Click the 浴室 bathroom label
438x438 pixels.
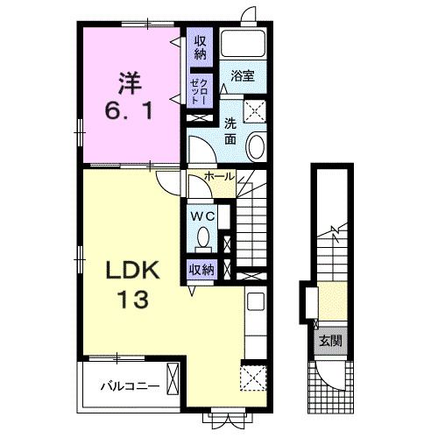pos(243,76)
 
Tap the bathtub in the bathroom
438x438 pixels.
pos(243,43)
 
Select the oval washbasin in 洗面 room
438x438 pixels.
pos(256,146)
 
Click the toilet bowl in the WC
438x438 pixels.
pos(203,239)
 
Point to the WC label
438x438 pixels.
pos(203,216)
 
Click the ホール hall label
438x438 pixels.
pos(220,176)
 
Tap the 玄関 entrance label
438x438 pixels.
pos(330,341)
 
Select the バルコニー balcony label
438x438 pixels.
pos(131,386)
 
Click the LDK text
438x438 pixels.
pos(133,271)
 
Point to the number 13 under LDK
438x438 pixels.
pos(133,300)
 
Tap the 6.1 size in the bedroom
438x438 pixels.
pos(129,111)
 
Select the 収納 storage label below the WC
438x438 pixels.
pos(201,270)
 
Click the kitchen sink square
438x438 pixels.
pos(256,301)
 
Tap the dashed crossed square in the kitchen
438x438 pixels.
pos(253,378)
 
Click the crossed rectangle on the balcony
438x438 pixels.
pos(173,378)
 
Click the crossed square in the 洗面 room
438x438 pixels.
pos(255,111)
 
